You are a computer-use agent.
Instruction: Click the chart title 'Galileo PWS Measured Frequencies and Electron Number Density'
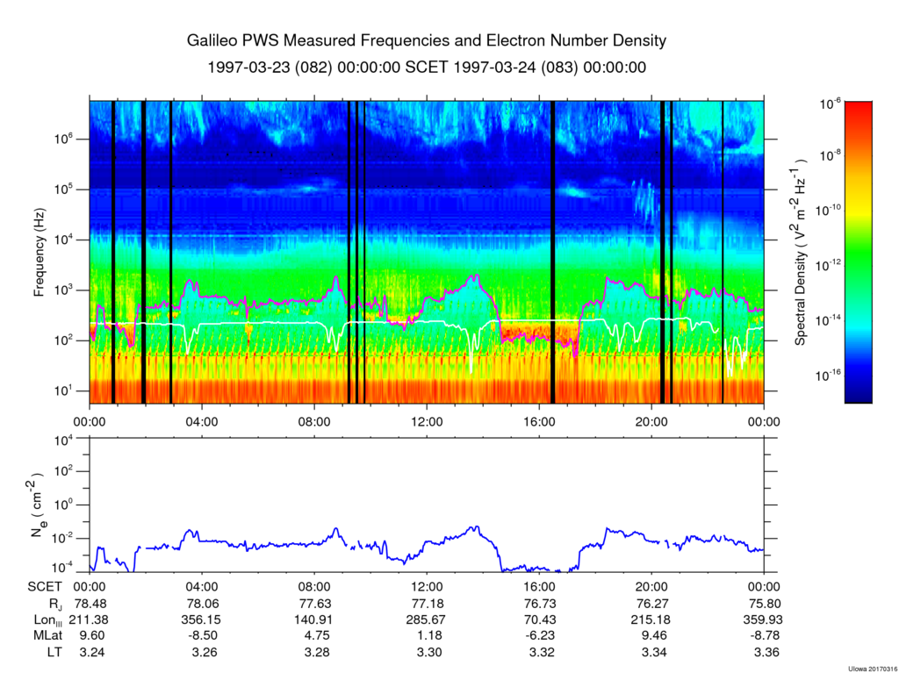[427, 41]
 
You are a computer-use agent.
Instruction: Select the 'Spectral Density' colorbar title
[801, 253]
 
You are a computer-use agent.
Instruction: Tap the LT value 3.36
[764, 652]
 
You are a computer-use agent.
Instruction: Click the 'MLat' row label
[47, 635]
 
